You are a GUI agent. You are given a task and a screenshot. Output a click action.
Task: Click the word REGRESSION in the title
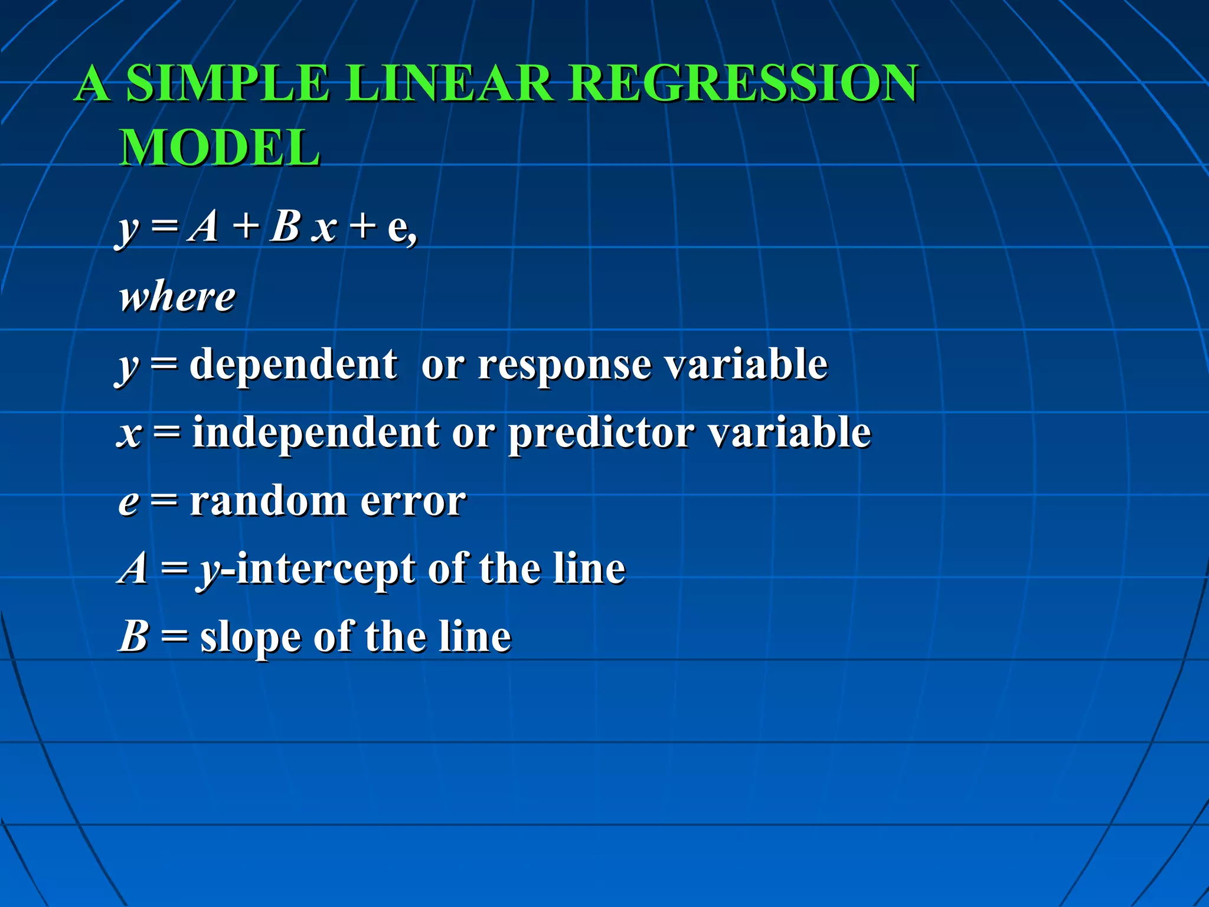click(x=743, y=83)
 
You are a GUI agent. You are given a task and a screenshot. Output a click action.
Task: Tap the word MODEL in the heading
click(x=220, y=148)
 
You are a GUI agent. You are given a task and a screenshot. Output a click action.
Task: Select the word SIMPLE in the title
click(x=227, y=83)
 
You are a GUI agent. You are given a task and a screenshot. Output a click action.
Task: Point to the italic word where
click(x=177, y=296)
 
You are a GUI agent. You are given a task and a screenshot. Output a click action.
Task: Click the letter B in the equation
click(x=285, y=227)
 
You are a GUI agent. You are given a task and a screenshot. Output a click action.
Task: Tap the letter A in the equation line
click(x=204, y=227)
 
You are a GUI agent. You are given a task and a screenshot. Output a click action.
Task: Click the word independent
click(x=316, y=433)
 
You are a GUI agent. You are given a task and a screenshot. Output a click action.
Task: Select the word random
click(x=268, y=501)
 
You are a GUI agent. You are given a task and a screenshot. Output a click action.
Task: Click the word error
click(x=413, y=503)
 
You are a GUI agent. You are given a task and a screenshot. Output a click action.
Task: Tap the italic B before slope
click(x=133, y=637)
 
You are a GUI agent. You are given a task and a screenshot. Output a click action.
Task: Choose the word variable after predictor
click(x=789, y=433)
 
